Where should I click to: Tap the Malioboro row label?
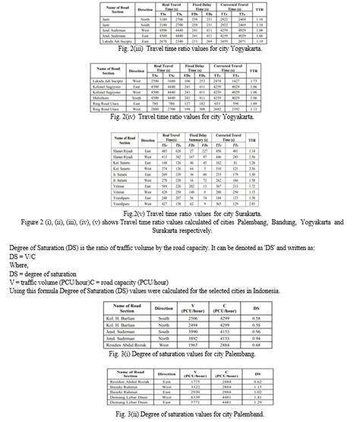pyautogui.click(x=106, y=97)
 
